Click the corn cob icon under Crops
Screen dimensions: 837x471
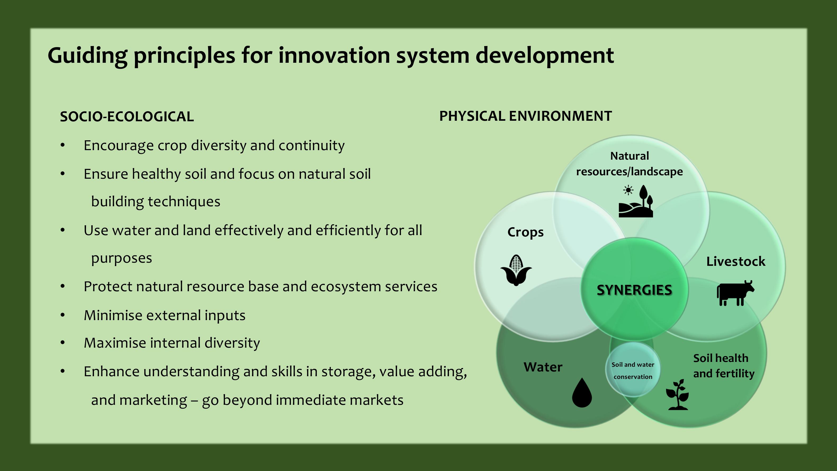click(516, 270)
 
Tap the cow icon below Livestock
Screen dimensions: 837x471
click(735, 293)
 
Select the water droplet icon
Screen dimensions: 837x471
click(582, 392)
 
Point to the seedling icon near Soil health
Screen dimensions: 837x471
click(677, 394)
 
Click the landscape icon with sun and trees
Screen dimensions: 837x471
click(636, 201)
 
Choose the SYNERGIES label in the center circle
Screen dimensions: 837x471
click(634, 290)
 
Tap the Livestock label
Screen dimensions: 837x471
click(736, 261)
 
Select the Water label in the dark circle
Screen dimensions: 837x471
click(543, 367)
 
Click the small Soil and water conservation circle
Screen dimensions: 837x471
click(633, 369)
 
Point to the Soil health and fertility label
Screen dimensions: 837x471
click(724, 366)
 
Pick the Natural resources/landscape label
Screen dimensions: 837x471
click(629, 164)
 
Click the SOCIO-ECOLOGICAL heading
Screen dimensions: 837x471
click(127, 117)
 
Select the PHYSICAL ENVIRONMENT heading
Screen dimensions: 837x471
click(525, 116)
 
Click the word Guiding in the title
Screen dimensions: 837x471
click(87, 56)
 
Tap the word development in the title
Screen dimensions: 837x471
click(544, 56)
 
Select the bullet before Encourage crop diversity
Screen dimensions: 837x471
click(63, 145)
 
